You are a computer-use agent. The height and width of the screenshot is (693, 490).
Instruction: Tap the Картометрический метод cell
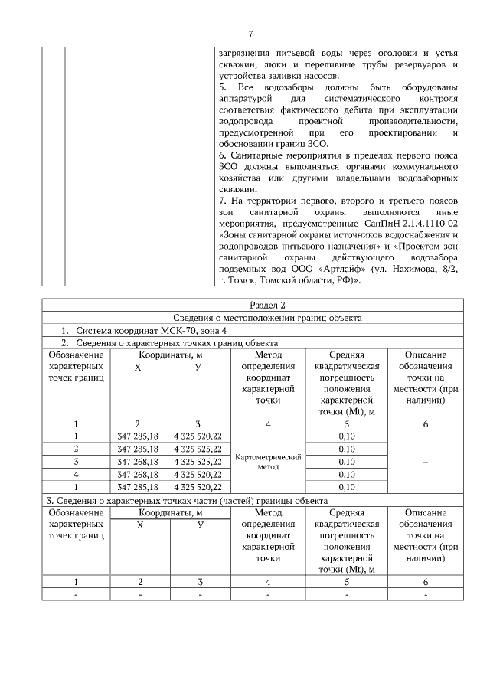(x=267, y=461)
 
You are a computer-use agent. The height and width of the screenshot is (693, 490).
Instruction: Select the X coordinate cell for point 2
(x=138, y=449)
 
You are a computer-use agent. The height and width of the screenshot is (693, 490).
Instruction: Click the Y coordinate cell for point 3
(x=198, y=461)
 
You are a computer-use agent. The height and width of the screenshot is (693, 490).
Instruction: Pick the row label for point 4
(x=76, y=474)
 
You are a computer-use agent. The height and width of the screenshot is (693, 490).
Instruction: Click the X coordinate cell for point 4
(x=138, y=474)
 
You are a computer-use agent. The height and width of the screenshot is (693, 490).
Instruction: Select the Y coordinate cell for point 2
(x=198, y=449)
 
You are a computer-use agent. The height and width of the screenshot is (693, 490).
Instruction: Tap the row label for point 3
(x=76, y=461)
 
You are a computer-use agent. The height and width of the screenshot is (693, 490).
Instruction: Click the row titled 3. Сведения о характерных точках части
(x=175, y=500)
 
